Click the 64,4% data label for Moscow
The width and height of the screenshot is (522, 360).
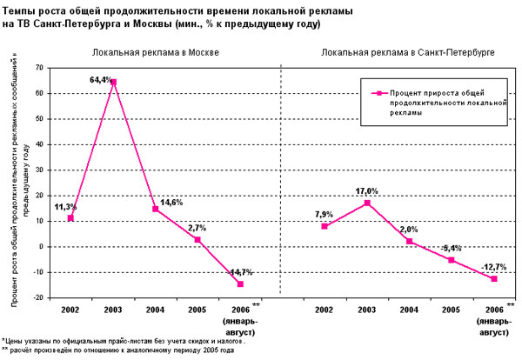[x=102, y=79]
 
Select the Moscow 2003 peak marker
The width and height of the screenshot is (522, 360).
[x=114, y=83]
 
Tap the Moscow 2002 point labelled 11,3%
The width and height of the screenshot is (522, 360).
[x=70, y=217]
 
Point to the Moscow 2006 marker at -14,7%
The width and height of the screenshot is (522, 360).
[x=239, y=283]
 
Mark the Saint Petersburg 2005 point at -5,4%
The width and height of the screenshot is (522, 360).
[x=451, y=260]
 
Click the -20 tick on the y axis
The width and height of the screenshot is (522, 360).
[x=39, y=297]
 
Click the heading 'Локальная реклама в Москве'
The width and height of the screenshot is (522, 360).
[x=156, y=53]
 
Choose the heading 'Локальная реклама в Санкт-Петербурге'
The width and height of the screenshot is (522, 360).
[x=408, y=53]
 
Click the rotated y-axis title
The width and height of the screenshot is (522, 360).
[x=16, y=182]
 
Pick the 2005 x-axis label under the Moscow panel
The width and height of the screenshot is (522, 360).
[x=197, y=310]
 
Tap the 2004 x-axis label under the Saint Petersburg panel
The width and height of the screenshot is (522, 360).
[x=408, y=310]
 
